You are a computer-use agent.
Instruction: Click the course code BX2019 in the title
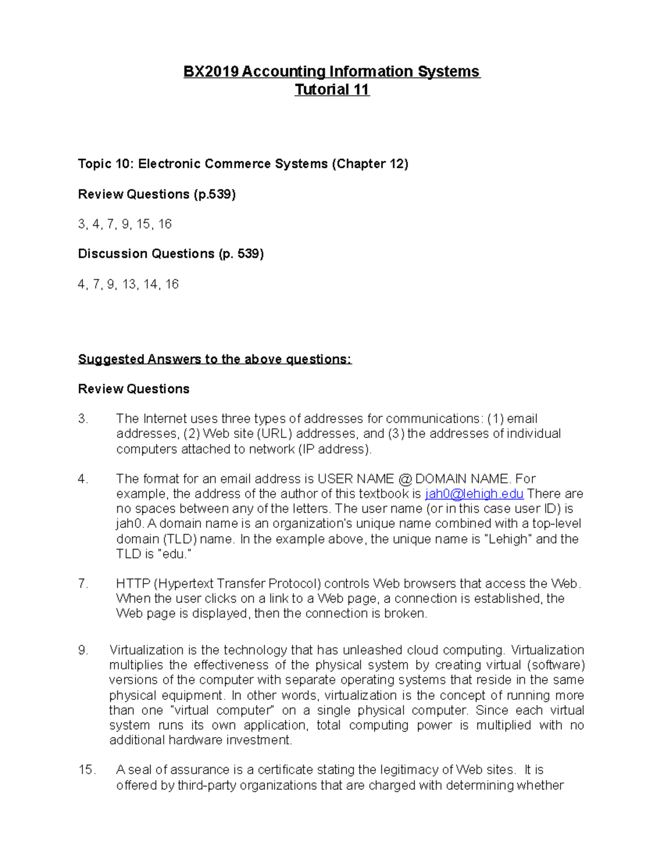pyautogui.click(x=211, y=71)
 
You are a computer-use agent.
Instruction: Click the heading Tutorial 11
pyautogui.click(x=331, y=90)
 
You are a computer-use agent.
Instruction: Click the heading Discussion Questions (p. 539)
pyautogui.click(x=170, y=254)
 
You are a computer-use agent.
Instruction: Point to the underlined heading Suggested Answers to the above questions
pyautogui.click(x=215, y=359)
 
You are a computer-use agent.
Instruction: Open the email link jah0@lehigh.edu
pyautogui.click(x=474, y=494)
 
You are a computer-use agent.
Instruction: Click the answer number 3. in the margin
pyautogui.click(x=83, y=419)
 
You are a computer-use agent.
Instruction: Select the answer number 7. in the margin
pyautogui.click(x=83, y=584)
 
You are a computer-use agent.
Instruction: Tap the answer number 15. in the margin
pyautogui.click(x=87, y=770)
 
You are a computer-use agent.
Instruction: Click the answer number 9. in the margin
pyautogui.click(x=83, y=650)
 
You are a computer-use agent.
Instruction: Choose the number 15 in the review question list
pyautogui.click(x=143, y=224)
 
